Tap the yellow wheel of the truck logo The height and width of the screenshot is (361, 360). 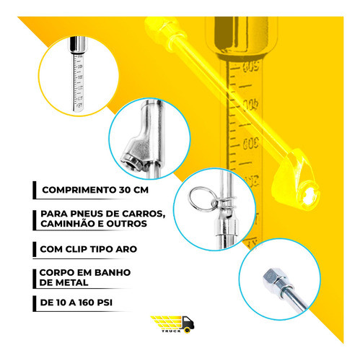(188, 331)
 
